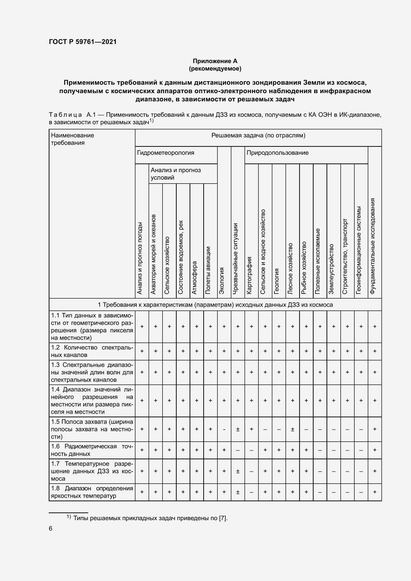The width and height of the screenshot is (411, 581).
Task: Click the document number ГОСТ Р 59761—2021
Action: [83, 42]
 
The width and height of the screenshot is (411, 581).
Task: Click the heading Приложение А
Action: [215, 61]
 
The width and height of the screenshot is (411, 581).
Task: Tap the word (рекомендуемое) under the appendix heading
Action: [215, 69]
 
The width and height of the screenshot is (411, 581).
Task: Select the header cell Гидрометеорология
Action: [165, 153]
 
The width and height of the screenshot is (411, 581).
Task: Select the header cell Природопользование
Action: [277, 153]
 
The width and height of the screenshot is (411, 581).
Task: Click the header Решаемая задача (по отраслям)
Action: [258, 135]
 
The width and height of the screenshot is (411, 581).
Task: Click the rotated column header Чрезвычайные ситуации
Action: [235, 258]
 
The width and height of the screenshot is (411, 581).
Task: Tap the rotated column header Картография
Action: [249, 275]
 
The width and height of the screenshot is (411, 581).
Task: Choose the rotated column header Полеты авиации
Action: [208, 270]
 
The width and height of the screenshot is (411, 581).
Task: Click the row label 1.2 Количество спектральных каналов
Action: [92, 351]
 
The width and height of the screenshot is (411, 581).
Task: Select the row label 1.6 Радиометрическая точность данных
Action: [92, 450]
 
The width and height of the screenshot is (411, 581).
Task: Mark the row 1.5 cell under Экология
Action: [224, 429]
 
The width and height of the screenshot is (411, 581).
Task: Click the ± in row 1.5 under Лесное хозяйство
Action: [292, 429]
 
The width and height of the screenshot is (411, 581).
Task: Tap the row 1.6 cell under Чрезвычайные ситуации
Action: [238, 450]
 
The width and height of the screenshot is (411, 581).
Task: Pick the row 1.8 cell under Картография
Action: [251, 492]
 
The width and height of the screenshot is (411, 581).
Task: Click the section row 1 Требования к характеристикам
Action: [215, 305]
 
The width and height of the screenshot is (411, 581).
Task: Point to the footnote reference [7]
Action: [222, 518]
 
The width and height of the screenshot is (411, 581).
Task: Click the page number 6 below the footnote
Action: [51, 529]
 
